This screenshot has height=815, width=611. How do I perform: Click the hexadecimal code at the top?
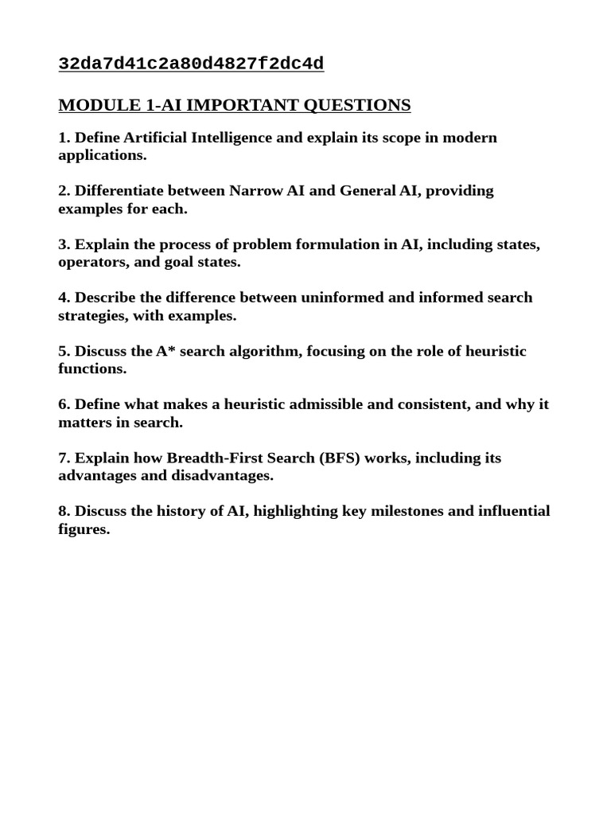point(191,64)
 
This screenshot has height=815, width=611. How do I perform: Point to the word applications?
point(102,155)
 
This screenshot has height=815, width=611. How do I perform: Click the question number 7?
point(64,458)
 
